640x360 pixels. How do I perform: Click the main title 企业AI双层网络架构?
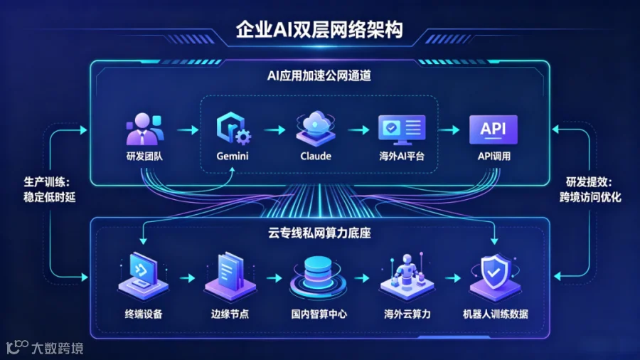point(319,29)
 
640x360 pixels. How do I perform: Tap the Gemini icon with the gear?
point(233,128)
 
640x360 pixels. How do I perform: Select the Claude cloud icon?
point(316,128)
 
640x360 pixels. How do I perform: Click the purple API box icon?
point(494,129)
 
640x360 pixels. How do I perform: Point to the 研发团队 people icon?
point(145,129)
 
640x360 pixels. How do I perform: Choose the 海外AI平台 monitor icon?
point(402,129)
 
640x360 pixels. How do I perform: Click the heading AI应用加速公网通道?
point(319,75)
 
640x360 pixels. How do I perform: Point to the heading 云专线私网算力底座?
point(319,233)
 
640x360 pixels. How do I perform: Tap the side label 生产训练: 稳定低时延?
point(49,190)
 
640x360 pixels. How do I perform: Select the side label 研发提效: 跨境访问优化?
point(590,190)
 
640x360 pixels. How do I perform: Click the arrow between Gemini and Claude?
point(274,130)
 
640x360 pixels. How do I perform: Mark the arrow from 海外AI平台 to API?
point(449,130)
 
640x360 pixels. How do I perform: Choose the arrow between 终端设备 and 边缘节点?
point(187,278)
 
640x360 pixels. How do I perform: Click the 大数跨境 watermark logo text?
point(58,348)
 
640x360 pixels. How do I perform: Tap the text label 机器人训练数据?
point(496,314)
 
